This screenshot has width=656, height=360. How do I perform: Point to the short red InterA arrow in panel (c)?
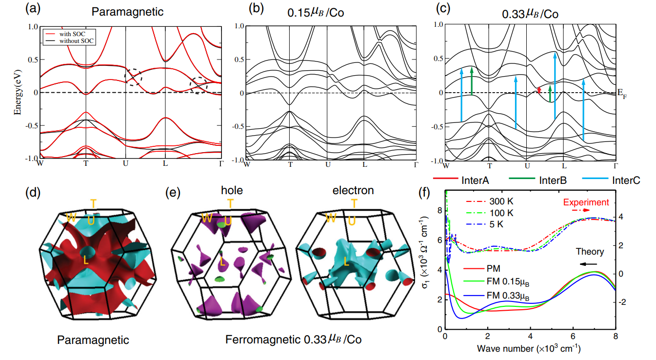539,89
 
